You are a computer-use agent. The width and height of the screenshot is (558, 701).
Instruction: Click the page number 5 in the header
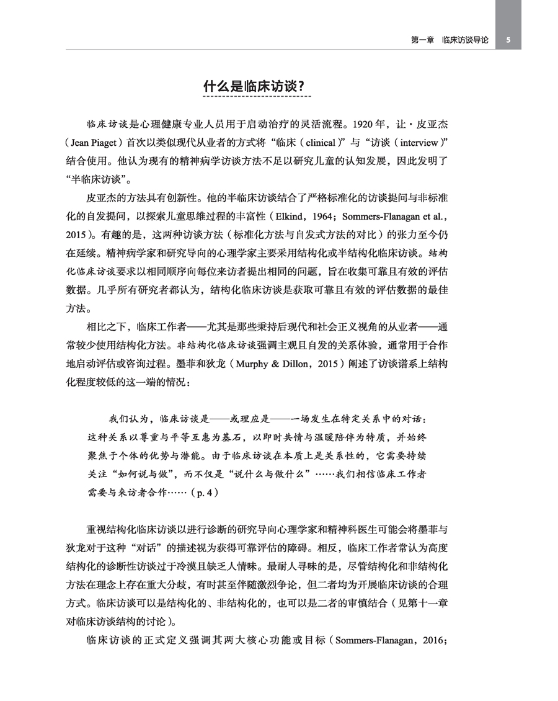coord(508,40)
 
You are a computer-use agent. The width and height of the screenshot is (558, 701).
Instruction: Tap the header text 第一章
coord(423,40)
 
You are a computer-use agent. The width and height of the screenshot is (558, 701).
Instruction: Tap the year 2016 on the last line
coord(433,639)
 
